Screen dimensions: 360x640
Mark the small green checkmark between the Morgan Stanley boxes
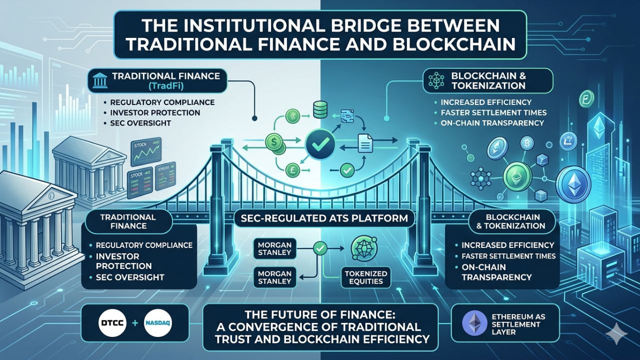319,247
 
